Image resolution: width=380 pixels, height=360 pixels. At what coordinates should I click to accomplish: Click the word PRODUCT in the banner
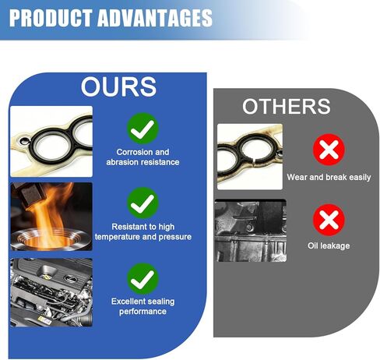click(x=51, y=18)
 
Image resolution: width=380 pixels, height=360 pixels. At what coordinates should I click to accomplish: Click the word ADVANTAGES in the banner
click(x=155, y=18)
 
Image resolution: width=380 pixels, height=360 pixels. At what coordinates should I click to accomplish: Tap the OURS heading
click(x=118, y=86)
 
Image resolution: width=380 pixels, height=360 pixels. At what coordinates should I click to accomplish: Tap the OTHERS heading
click(x=287, y=106)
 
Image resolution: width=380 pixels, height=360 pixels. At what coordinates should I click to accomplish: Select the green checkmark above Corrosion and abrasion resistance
click(x=142, y=129)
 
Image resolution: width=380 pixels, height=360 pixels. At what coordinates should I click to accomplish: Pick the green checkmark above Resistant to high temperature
click(x=142, y=203)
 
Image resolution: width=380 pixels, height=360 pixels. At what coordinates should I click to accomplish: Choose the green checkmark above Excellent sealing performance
click(x=142, y=279)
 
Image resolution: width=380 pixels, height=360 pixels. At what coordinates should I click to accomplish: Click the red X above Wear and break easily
click(x=329, y=150)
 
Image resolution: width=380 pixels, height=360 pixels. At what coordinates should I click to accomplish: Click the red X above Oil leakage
click(x=329, y=220)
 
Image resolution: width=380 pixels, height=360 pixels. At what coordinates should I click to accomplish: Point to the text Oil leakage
click(x=329, y=245)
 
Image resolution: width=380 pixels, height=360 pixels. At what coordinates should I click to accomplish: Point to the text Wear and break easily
click(x=329, y=177)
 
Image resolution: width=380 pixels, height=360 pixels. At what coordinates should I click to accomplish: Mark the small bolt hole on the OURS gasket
click(x=24, y=142)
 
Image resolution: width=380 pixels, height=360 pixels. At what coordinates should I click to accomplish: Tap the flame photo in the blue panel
click(x=51, y=217)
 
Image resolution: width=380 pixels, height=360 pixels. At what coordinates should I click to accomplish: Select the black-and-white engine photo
click(x=251, y=231)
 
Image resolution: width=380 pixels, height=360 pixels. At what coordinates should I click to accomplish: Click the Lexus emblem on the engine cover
click(x=70, y=278)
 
